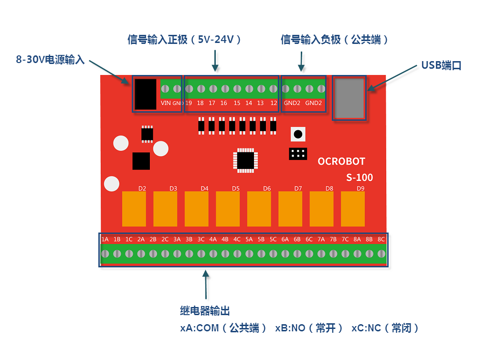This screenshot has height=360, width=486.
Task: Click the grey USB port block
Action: coord(349,98)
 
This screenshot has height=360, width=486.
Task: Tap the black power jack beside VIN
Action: coord(145,94)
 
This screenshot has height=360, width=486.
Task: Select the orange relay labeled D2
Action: coord(134,209)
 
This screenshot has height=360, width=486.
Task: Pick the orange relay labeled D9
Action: coord(353,209)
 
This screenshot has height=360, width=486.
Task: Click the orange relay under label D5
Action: coord(228,209)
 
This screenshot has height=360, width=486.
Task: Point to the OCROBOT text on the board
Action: coord(341,161)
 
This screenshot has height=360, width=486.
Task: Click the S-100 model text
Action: coord(359,177)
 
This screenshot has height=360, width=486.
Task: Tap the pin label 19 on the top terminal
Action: coord(189,103)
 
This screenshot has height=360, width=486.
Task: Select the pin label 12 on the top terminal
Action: coord(274,103)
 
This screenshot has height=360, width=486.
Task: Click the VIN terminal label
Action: coord(166,103)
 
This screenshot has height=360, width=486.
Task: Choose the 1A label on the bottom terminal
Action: coord(105,239)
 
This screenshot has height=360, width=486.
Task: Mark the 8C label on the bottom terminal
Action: coord(381,239)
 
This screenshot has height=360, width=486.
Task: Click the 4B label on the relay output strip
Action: coord(225,239)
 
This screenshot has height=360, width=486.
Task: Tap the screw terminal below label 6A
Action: coord(285,254)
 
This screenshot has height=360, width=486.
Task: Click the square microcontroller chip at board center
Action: coord(245,160)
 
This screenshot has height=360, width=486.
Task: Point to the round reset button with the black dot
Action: coord(298,134)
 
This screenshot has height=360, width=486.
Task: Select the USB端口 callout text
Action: coord(442,65)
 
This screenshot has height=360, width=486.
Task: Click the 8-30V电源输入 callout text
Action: coord(50,59)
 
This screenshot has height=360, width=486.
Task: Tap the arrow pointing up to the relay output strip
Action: coord(205,285)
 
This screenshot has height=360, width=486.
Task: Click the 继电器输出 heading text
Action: coord(205,311)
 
